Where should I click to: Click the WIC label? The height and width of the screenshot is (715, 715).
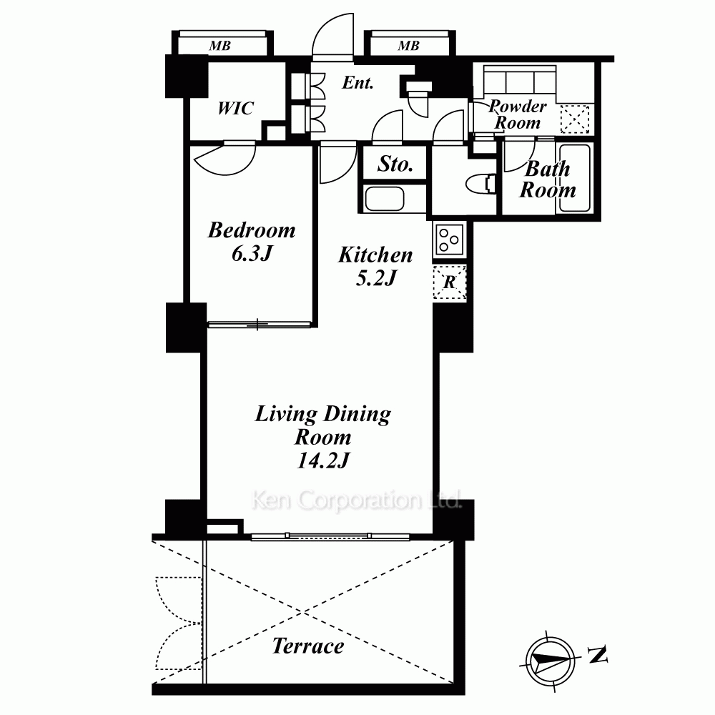(235, 109)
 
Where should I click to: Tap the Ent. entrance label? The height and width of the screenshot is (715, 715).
(358, 82)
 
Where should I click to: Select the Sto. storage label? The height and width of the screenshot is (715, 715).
(395, 164)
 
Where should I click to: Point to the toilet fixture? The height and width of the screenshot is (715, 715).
(481, 184)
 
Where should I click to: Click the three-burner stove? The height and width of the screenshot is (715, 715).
(450, 240)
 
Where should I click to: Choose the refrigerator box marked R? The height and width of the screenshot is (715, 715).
(450, 282)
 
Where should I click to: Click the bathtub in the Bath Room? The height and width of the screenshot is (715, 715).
(574, 178)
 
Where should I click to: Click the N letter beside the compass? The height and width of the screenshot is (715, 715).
(597, 655)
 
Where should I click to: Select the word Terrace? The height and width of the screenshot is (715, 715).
(308, 646)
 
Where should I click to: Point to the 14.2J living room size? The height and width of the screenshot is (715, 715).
(323, 460)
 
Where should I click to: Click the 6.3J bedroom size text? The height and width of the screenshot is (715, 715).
(252, 253)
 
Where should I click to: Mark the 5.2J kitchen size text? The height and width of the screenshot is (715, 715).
(375, 277)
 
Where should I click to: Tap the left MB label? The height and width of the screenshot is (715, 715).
(220, 46)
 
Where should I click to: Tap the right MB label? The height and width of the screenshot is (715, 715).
(408, 46)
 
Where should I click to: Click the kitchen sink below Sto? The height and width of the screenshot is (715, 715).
(385, 199)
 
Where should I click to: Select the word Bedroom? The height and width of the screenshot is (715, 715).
(252, 230)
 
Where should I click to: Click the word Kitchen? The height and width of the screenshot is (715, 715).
(375, 255)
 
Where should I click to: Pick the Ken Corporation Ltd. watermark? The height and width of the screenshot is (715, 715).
(357, 500)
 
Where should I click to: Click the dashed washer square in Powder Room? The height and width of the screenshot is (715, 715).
(575, 119)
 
